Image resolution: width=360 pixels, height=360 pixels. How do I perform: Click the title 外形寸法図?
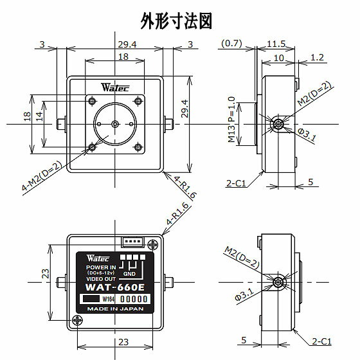pyautogui.click(x=176, y=21)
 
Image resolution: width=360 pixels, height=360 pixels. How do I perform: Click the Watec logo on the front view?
pyautogui.click(x=115, y=87)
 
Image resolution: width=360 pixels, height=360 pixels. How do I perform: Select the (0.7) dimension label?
pyautogui.click(x=231, y=43)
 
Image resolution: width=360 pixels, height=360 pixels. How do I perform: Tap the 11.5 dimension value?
pyautogui.click(x=276, y=44)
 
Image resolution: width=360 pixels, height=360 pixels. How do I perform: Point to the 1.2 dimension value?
pyautogui.click(x=317, y=57)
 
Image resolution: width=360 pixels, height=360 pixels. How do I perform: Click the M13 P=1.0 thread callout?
pyautogui.click(x=231, y=120)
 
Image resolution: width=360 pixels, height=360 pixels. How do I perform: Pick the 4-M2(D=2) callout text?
pyautogui.click(x=42, y=176)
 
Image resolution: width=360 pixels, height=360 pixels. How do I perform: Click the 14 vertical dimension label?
pyautogui.click(x=39, y=116)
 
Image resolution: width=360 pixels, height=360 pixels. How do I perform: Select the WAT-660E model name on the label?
pyautogui.click(x=115, y=287)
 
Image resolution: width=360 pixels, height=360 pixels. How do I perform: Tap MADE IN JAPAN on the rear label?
pyautogui.click(x=115, y=309)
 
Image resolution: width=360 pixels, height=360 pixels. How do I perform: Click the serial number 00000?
pyautogui.click(x=134, y=299)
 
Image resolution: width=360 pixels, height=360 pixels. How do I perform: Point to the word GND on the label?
pyautogui.click(x=129, y=274)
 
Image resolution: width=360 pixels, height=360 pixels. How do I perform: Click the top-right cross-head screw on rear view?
pyautogui.click(x=153, y=245)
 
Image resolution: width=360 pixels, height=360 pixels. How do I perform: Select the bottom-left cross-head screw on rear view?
pyautogui.click(x=77, y=320)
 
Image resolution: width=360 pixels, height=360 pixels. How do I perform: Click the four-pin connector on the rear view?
pyautogui.click(x=132, y=242)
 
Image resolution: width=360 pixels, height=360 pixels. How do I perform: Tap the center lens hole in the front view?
pyautogui.click(x=115, y=124)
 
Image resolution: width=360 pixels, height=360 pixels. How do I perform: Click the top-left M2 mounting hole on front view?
pyautogui.click(x=92, y=101)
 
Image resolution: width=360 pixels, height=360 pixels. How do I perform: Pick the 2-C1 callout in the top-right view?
pyautogui.click(x=236, y=183)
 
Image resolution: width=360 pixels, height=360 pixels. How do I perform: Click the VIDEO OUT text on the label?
pyautogui.click(x=101, y=279)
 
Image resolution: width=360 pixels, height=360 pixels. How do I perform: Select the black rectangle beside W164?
pyautogui.click(x=91, y=299)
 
